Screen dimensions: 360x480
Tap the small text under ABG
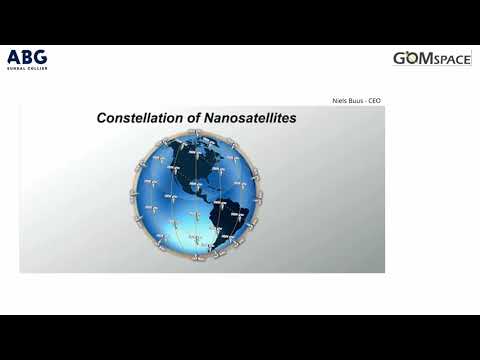(26, 68)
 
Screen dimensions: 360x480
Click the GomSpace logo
(431, 59)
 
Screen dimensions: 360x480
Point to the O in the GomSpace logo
(412, 59)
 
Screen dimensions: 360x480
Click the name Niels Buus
(349, 101)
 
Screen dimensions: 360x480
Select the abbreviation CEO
(374, 101)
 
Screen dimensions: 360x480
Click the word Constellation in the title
(140, 118)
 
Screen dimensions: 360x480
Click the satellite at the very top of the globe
(197, 135)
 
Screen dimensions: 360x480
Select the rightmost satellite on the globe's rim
(261, 196)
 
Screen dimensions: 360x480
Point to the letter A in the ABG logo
(13, 56)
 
